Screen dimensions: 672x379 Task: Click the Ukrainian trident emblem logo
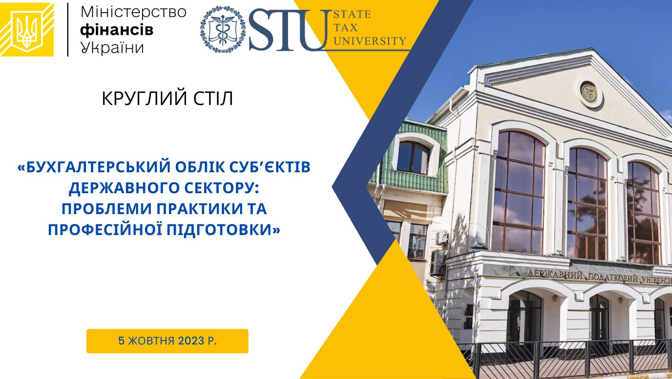click(x=27, y=30)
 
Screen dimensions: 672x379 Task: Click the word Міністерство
click(x=134, y=13)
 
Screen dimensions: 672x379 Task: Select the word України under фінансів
click(x=112, y=48)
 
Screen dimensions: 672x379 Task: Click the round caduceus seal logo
click(x=223, y=30)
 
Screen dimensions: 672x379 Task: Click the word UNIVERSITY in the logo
click(x=370, y=41)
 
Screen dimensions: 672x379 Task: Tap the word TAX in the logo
click(x=346, y=27)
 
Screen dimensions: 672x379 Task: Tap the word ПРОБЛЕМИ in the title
click(x=107, y=209)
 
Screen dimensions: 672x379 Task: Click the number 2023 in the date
click(x=191, y=341)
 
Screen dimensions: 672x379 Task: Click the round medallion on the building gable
click(x=589, y=92)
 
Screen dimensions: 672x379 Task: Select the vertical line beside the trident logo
click(x=68, y=30)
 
